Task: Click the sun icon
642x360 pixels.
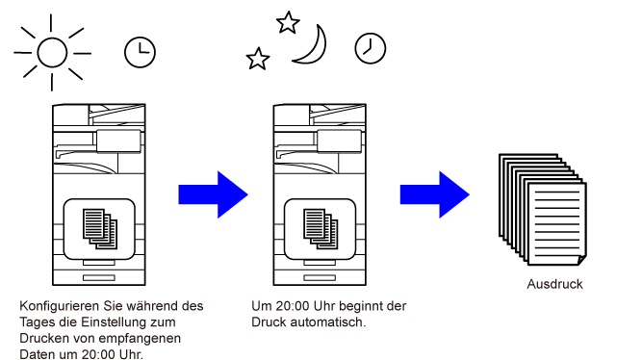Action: coord(52,53)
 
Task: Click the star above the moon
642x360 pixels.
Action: coord(288,22)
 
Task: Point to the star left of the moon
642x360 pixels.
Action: coord(258,59)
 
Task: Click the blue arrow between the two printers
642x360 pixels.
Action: coord(213,194)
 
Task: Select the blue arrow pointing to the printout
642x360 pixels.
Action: coord(434,194)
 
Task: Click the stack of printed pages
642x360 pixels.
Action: coord(543,210)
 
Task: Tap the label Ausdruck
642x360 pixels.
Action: coord(554,284)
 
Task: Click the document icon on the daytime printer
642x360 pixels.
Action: coord(100,228)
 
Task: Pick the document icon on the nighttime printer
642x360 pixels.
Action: coord(321,228)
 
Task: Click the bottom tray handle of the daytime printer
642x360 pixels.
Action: coord(99,277)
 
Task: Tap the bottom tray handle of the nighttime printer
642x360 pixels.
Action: coord(320,277)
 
